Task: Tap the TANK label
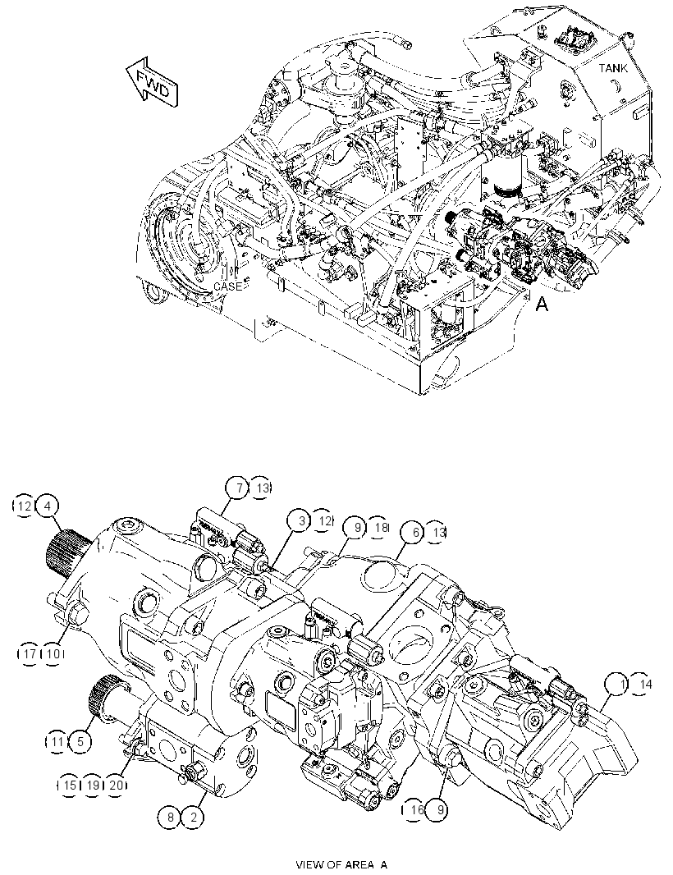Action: point(613,68)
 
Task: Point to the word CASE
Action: point(228,286)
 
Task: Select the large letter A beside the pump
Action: point(542,305)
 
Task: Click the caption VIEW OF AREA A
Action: point(341,864)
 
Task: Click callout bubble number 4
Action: point(47,506)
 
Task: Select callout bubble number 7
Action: point(238,488)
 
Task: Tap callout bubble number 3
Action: point(300,520)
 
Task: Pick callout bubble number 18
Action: point(378,527)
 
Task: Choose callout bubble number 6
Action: point(414,533)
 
